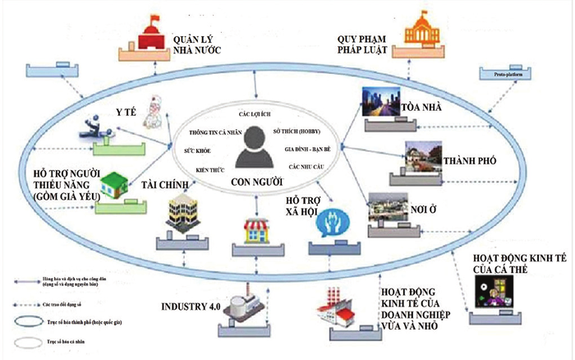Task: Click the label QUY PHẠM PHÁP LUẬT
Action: (x=367, y=43)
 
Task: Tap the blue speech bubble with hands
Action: (x=337, y=224)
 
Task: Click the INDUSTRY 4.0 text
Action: (x=192, y=307)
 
